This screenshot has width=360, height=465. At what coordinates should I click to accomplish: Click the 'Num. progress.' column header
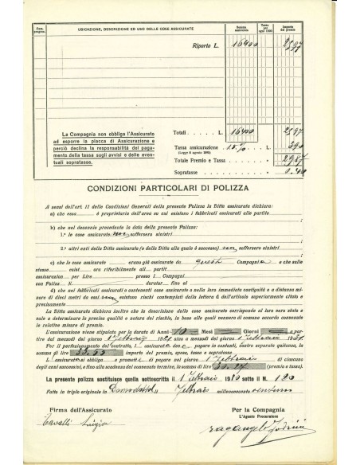(41, 29)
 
